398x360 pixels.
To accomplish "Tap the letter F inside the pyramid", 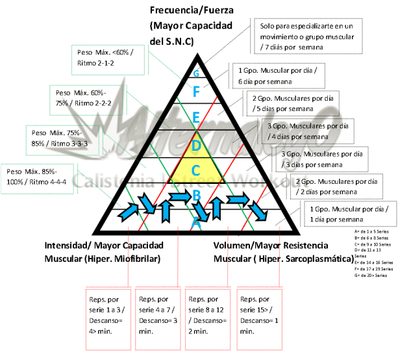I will pos(196,92).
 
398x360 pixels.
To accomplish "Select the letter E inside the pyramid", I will pos(196,118).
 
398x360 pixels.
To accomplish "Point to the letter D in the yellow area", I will pos(196,146).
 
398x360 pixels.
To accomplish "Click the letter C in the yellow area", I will pos(196,171).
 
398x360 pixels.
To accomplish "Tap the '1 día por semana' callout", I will pos(348,214).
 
